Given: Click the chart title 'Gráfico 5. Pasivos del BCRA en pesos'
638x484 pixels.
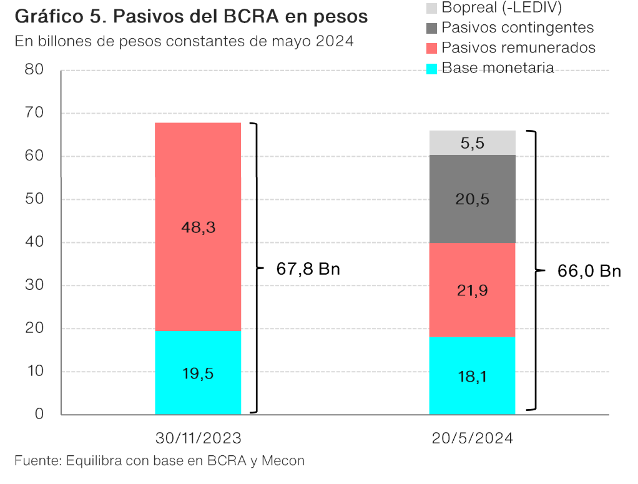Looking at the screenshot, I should point(190,17).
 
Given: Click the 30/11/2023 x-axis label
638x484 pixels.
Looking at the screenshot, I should point(198,438).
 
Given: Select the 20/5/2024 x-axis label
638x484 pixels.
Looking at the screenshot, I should point(473,438).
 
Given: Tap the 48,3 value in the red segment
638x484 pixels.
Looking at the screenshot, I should point(198,227).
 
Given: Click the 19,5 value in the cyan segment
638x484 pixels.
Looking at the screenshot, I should point(198,373).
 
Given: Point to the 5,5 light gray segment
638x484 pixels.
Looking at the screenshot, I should point(473,143).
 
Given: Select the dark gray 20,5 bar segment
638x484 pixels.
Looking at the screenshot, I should point(473,199).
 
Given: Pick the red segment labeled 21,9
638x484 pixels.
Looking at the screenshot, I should point(473,290).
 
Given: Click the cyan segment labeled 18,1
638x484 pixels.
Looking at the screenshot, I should point(473,376).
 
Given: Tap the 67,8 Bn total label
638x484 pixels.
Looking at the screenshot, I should point(308,269).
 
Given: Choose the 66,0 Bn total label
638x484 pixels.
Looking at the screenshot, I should point(589,271).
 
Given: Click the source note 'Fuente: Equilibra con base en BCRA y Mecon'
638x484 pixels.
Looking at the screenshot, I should point(160,462).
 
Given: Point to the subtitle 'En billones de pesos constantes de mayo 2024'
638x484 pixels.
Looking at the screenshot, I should point(184,42).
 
